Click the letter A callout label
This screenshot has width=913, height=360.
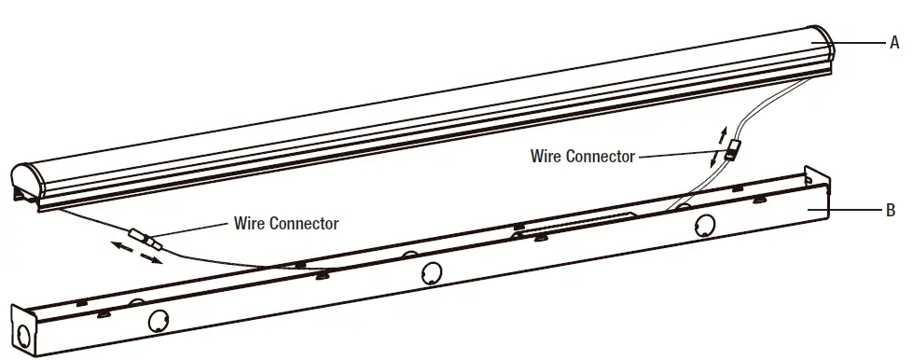pyautogui.click(x=894, y=42)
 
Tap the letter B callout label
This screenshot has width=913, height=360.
pyautogui.click(x=891, y=212)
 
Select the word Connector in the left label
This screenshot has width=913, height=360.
pyautogui.click(x=303, y=224)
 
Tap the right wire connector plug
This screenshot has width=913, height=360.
pyautogui.click(x=730, y=150)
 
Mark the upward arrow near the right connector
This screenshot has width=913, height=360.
pyautogui.click(x=720, y=131)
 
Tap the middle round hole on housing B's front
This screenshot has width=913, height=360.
pyautogui.click(x=431, y=273)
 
